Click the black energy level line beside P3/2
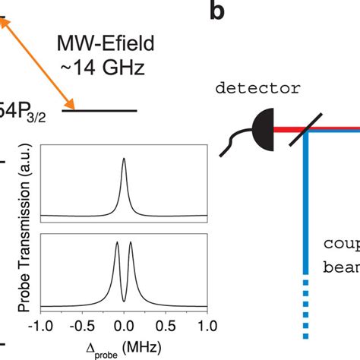[x=99, y=111]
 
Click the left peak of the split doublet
[x=117, y=245]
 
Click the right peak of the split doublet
[x=131, y=245]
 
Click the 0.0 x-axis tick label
[x=124, y=326]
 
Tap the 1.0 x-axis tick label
[x=206, y=326]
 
